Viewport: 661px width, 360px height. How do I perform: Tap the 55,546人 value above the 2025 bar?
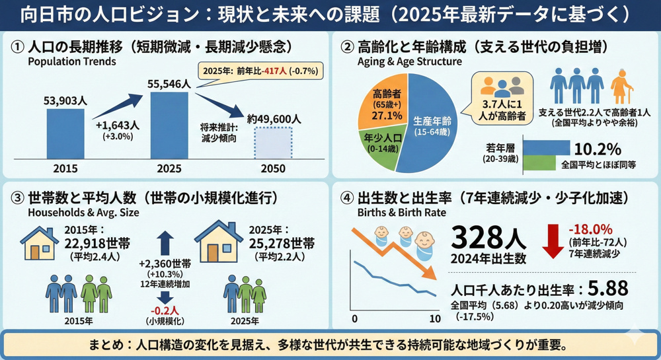[169, 84]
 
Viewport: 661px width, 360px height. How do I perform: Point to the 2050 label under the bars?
[273, 168]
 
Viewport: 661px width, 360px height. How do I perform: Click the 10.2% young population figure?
[598, 148]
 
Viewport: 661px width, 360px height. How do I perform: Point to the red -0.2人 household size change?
[165, 310]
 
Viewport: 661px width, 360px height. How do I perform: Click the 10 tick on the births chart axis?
[434, 319]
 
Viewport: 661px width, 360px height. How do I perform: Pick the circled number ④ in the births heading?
[346, 198]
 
